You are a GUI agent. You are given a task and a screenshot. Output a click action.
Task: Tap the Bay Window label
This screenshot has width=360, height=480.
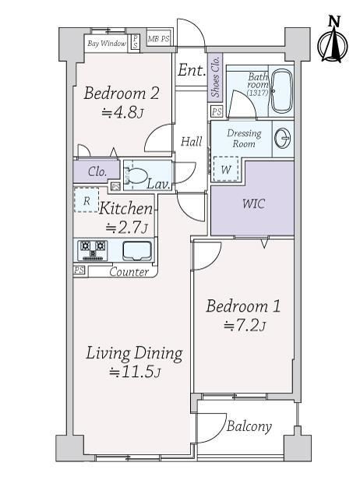[107, 44]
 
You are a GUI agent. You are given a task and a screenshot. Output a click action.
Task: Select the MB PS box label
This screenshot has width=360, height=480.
[158, 39]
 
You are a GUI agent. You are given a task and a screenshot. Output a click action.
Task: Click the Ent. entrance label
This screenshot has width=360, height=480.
[192, 70]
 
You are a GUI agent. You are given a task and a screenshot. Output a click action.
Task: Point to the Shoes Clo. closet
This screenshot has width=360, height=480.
[215, 77]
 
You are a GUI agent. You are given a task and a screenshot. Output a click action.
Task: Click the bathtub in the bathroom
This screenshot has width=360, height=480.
[282, 91]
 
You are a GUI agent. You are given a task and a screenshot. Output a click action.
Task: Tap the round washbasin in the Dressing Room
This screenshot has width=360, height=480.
[282, 139]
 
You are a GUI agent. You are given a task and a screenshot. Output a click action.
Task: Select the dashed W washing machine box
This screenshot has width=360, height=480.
[226, 169]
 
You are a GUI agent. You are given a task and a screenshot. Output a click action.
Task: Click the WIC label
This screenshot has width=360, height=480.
[254, 204]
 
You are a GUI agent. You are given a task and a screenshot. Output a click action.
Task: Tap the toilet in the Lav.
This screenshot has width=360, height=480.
[135, 176]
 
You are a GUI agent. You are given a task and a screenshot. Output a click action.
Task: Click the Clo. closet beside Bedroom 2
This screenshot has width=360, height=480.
[97, 171]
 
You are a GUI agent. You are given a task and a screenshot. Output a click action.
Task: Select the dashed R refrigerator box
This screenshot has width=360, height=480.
[86, 200]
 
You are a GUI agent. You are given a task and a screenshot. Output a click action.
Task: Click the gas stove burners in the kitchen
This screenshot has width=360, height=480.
[93, 250]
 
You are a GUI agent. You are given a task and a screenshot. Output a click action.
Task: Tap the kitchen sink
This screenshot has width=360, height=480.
[137, 250]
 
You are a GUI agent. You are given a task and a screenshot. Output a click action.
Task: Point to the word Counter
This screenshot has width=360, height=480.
[129, 272]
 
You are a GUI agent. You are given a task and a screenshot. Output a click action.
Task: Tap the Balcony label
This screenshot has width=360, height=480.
[249, 426]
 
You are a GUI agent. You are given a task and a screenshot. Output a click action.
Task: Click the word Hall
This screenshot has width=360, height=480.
[192, 142]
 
